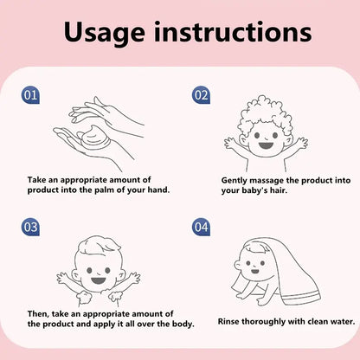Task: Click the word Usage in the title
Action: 104,32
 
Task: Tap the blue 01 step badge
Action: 30,95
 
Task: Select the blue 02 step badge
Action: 201,95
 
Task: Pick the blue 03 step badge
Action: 30,227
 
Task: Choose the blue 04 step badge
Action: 201,227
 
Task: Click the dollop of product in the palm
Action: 93,136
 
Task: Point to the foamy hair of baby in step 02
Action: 266,114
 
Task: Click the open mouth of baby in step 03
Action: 99,280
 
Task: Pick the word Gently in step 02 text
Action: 235,181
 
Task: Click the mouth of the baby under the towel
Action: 255,272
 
